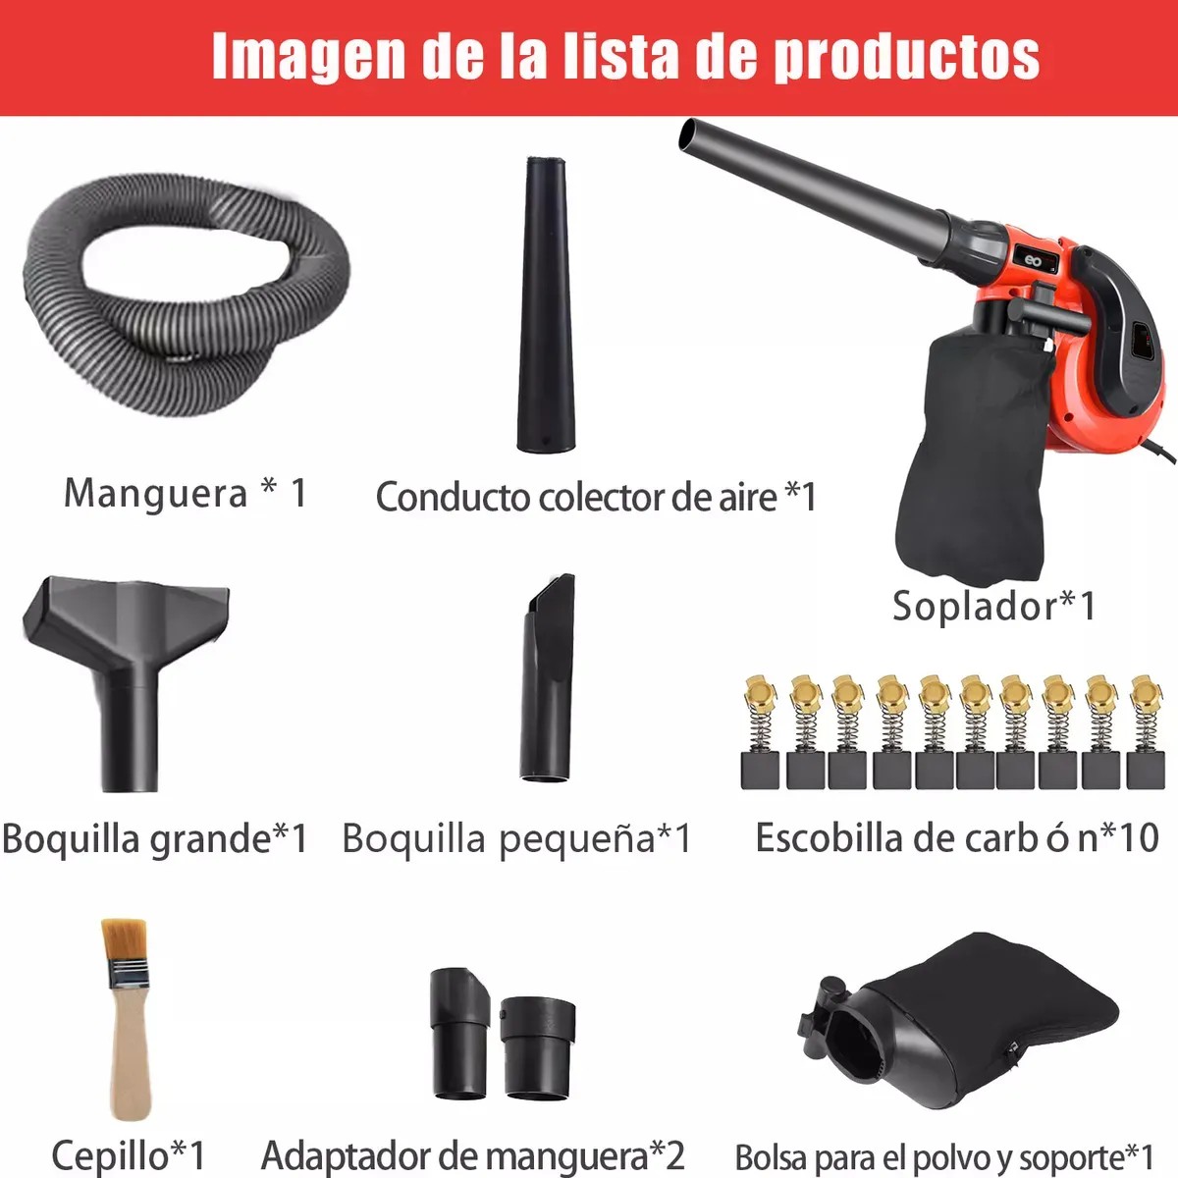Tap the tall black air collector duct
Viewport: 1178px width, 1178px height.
click(546, 305)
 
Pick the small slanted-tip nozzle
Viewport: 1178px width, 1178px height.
click(548, 678)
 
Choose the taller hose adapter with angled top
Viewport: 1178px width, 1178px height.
click(459, 1032)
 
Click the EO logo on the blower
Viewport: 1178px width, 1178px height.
click(1033, 260)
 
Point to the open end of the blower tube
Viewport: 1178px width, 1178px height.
click(688, 134)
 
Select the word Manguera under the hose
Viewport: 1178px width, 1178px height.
click(155, 494)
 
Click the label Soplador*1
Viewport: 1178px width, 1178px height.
click(994, 606)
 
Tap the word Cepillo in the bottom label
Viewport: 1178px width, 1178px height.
click(111, 1154)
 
